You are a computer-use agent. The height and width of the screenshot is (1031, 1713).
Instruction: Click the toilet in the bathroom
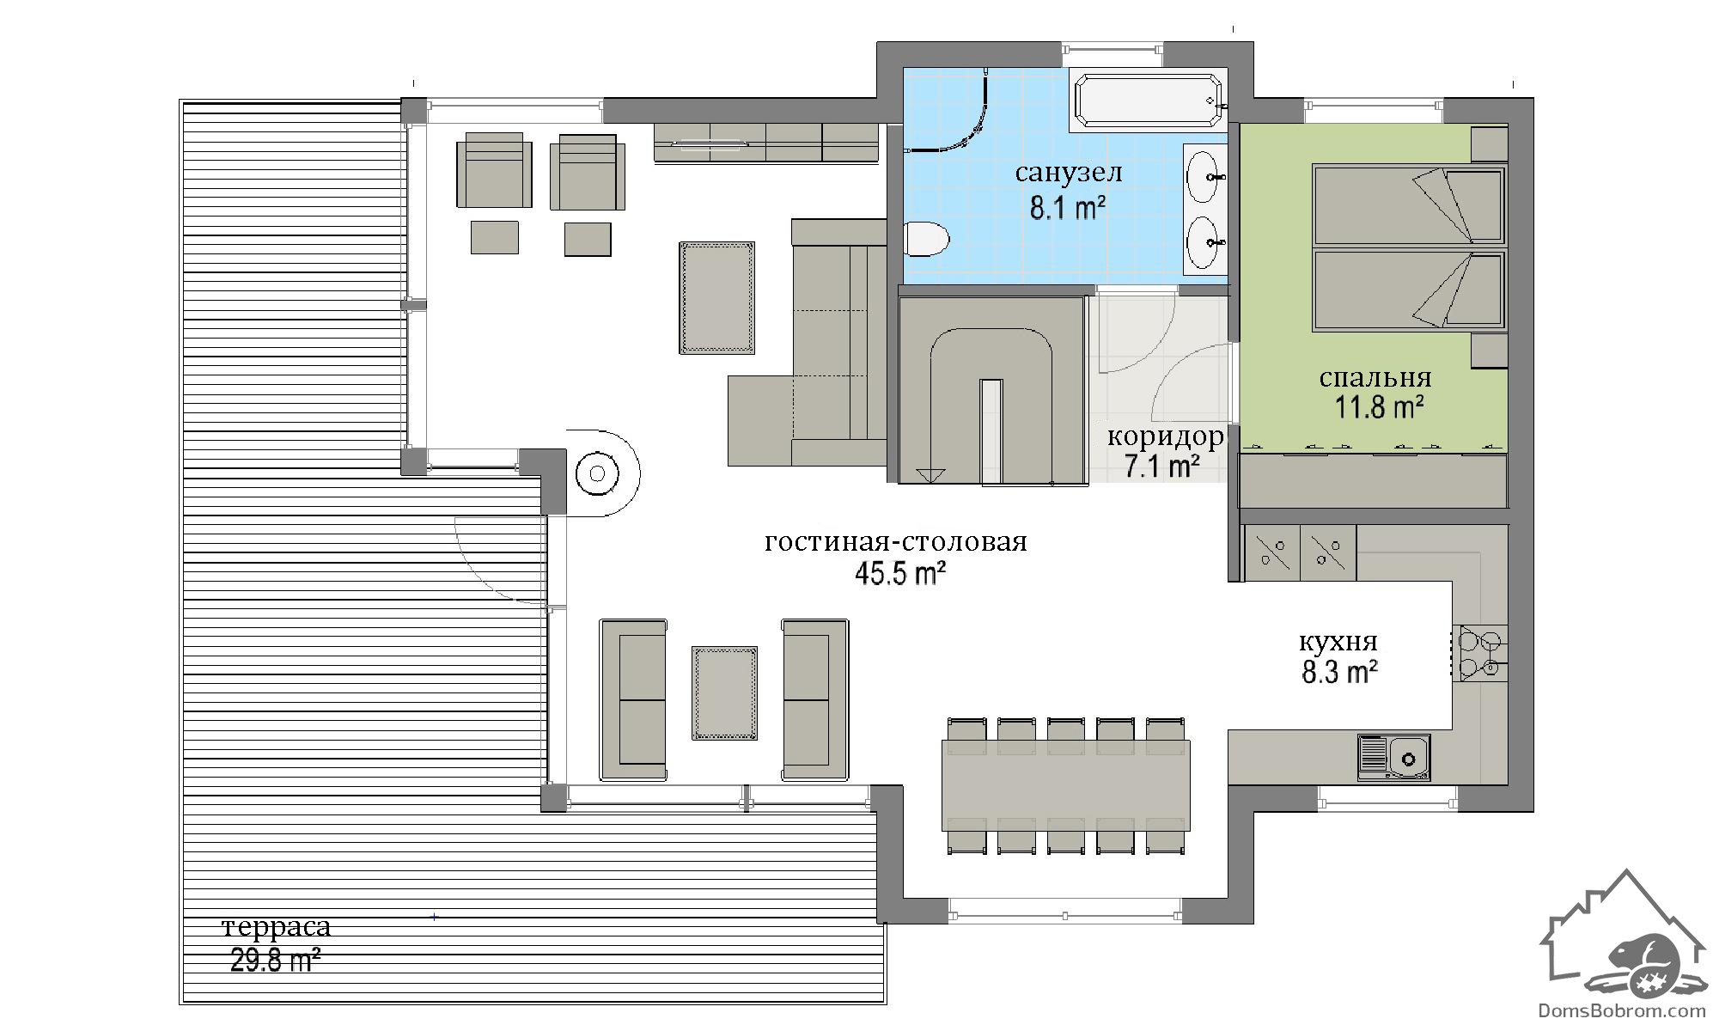[x=927, y=238]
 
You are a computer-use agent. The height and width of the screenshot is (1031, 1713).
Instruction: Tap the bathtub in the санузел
[x=1148, y=101]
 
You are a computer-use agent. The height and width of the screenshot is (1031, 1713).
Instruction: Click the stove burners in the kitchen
[x=1478, y=654]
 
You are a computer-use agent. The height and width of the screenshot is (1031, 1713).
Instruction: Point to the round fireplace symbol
[x=597, y=473]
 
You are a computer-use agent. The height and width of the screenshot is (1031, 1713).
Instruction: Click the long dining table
[x=1066, y=784]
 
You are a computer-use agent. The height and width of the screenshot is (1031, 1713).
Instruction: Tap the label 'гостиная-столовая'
[x=896, y=542]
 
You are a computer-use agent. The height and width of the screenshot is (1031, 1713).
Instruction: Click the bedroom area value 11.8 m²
[x=1379, y=406]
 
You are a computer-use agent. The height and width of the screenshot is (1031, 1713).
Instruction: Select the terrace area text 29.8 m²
[x=276, y=959]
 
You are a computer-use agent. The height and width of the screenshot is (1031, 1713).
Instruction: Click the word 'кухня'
[x=1338, y=642]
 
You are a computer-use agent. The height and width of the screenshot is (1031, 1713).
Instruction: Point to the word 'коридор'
[x=1165, y=438]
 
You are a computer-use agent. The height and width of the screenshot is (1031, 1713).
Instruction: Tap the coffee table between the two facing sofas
[x=725, y=693]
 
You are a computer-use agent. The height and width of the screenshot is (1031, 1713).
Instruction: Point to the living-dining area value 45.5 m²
[x=900, y=573]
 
